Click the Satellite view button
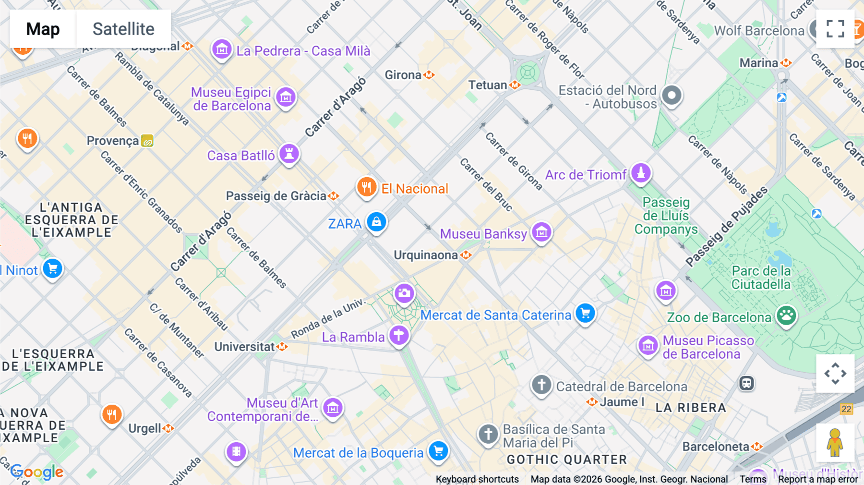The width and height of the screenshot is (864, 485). (x=123, y=29)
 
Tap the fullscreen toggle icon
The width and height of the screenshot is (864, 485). (x=835, y=29)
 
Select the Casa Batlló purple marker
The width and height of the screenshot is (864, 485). (x=289, y=154)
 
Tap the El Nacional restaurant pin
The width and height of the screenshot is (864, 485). (x=366, y=187)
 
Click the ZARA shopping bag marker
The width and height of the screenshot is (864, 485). (x=376, y=222)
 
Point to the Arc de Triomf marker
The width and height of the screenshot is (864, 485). (x=640, y=173)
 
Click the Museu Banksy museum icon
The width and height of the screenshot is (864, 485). (x=541, y=232)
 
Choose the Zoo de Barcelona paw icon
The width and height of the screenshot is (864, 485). (x=786, y=315)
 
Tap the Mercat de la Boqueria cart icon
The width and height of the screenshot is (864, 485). (x=438, y=451)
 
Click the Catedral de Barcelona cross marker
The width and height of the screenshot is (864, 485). (x=541, y=385)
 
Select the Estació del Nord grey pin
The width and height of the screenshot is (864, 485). (x=672, y=95)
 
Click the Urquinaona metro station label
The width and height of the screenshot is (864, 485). (x=426, y=255)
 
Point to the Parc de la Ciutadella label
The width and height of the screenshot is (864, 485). (x=761, y=278)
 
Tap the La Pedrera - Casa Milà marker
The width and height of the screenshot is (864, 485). (x=222, y=49)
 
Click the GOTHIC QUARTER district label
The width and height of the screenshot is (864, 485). (x=567, y=460)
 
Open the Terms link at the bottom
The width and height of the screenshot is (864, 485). (x=753, y=479)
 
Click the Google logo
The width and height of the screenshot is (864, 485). (x=37, y=472)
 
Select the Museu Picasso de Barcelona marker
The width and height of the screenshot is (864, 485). (x=648, y=345)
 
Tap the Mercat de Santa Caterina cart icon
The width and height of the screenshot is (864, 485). (x=585, y=314)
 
